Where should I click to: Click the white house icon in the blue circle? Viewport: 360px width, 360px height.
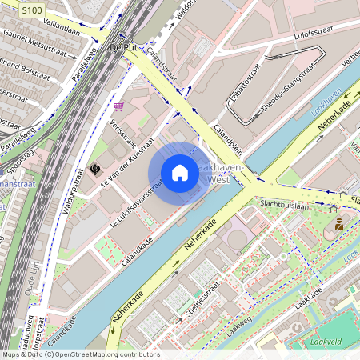coord(180,173)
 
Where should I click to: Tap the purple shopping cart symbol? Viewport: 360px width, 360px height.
coord(119,106)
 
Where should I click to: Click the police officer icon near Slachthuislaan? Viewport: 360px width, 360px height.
coord(339,223)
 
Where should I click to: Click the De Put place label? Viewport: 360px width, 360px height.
coord(124,48)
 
